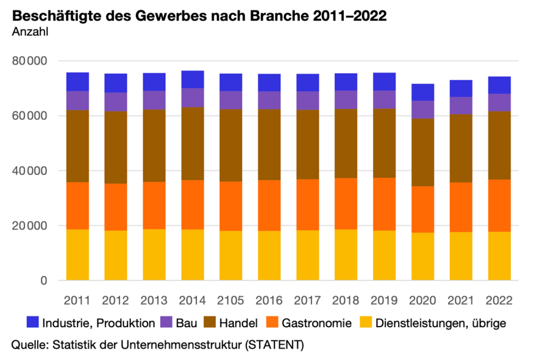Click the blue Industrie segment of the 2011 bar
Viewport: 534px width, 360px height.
(77, 82)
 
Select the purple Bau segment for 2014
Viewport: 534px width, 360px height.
(193, 97)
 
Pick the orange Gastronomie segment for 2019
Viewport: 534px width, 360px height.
(384, 204)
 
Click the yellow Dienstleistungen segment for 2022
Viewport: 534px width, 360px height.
(499, 256)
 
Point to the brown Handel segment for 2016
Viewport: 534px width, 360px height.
(269, 144)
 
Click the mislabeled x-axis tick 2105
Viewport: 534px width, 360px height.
(231, 300)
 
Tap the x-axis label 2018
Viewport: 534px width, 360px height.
(346, 300)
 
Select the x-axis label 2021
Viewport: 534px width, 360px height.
(461, 300)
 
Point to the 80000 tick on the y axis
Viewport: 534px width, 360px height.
(29, 61)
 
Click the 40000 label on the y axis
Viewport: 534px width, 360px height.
(29, 171)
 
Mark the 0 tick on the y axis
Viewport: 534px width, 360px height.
(44, 281)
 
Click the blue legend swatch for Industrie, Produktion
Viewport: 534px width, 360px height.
(33, 322)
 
